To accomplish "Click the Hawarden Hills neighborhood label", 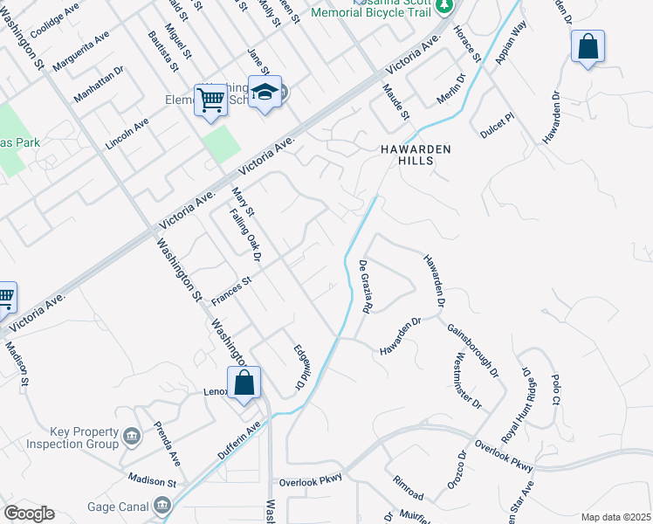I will point(416,155).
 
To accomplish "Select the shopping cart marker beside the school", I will point(210,100).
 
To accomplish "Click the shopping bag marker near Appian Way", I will point(588,46).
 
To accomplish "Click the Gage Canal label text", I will point(118,507).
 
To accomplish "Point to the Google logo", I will point(29,514).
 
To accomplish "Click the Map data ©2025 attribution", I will point(615,517).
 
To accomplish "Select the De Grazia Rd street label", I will point(366,288).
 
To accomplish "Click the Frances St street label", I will point(230,292).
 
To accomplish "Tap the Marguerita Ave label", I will point(80,52).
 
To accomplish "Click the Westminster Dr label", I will point(468,381).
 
